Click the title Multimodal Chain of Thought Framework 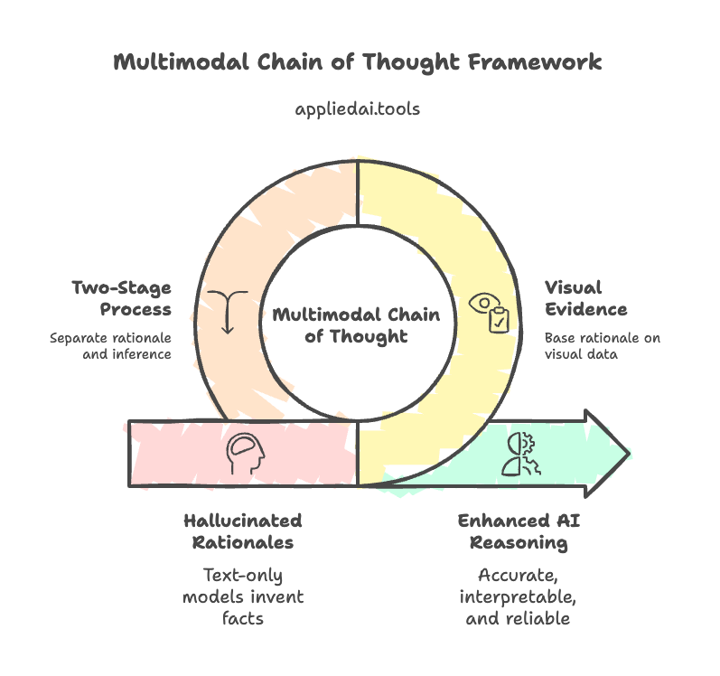pos(358,62)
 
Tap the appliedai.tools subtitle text pos(358,108)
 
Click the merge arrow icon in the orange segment pos(227,312)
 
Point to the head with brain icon pos(245,453)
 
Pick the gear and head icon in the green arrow pos(516,455)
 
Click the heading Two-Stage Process pos(122,299)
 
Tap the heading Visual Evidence pos(585,299)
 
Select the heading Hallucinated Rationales pos(242,531)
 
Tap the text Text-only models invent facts pos(242,596)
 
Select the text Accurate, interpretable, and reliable pos(513,596)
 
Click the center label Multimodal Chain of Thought pos(356,325)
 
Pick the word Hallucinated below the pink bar pos(242,521)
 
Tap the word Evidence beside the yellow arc pos(585,310)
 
